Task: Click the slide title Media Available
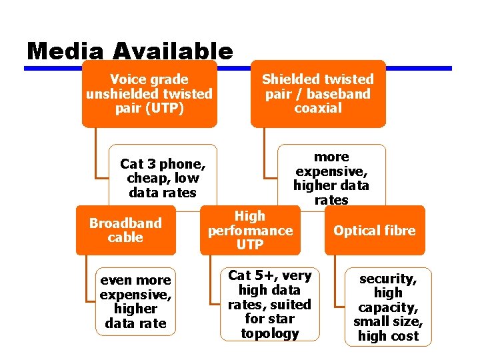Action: coord(130,51)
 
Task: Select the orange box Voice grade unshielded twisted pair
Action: coord(149,94)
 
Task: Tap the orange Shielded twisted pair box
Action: coord(318,94)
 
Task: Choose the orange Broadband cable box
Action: coord(125,230)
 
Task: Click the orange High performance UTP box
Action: coord(250,230)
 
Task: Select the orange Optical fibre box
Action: coord(374,231)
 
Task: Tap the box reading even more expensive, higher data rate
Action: coord(136,301)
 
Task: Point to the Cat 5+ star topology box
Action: coord(269,305)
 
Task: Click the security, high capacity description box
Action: coord(388,307)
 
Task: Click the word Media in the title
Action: coord(65,51)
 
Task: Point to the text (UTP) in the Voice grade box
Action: coord(149,108)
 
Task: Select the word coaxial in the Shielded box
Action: coord(318,108)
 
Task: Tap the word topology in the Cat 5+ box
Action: coord(269,333)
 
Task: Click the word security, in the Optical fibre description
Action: coord(388,279)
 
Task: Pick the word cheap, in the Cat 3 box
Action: coord(148,178)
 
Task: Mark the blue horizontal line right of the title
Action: coord(347,68)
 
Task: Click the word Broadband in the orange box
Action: coord(125,223)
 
